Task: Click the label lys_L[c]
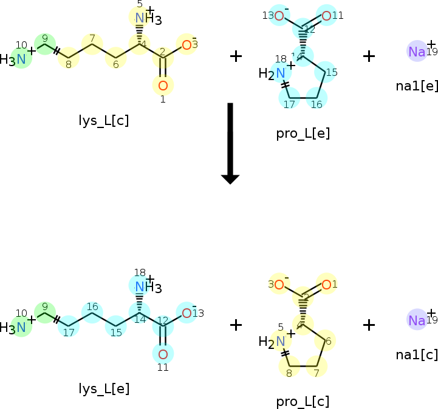[x=103, y=120]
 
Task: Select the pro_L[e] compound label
[x=303, y=133]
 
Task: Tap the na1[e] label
[x=417, y=86]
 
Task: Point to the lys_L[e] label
[x=104, y=388]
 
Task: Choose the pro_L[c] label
[x=303, y=401]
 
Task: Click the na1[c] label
[x=417, y=354]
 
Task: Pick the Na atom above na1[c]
[x=417, y=320]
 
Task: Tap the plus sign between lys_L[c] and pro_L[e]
[x=236, y=56]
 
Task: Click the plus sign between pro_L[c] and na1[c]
[x=369, y=325]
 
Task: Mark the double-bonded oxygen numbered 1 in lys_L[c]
[x=162, y=85]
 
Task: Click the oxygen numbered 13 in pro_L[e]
[x=279, y=16]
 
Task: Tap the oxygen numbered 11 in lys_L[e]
[x=162, y=354]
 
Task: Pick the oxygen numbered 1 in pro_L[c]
[x=326, y=284]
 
